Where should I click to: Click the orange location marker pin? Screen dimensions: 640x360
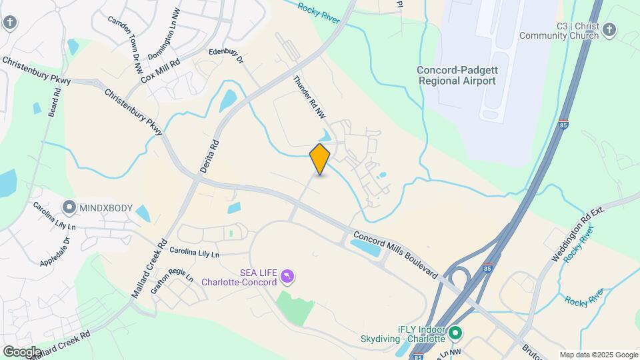[x=320, y=159]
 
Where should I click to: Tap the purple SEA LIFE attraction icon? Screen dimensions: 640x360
[x=287, y=275]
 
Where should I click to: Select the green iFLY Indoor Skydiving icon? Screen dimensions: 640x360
[x=455, y=332]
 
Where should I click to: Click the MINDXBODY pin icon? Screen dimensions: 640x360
[x=69, y=207]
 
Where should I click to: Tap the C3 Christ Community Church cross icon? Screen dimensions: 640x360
[x=609, y=29]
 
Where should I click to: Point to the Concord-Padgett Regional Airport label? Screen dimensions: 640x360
[x=457, y=75]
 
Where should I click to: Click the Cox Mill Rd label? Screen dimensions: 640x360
[x=160, y=71]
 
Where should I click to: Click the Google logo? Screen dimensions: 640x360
[x=22, y=351]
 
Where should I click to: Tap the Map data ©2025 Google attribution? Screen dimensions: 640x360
[x=598, y=355]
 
